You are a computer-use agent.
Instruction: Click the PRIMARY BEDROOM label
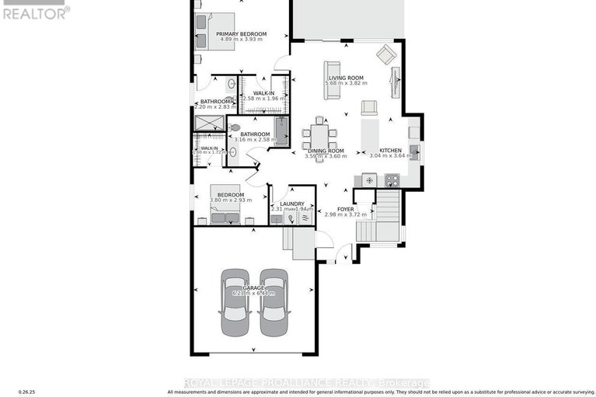pos(242,34)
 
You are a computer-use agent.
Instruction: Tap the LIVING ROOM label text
pos(346,78)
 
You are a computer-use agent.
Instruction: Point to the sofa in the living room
pos(332,79)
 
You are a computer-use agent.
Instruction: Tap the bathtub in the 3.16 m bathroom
pos(281,131)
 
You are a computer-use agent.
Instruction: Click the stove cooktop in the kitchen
pos(390,180)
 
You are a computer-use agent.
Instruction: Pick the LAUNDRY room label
pos(291,204)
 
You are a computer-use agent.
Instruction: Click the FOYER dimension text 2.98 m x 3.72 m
pos(344,214)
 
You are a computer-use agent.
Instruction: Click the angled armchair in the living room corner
pos(385,54)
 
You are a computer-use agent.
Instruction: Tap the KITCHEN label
pos(390,150)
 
